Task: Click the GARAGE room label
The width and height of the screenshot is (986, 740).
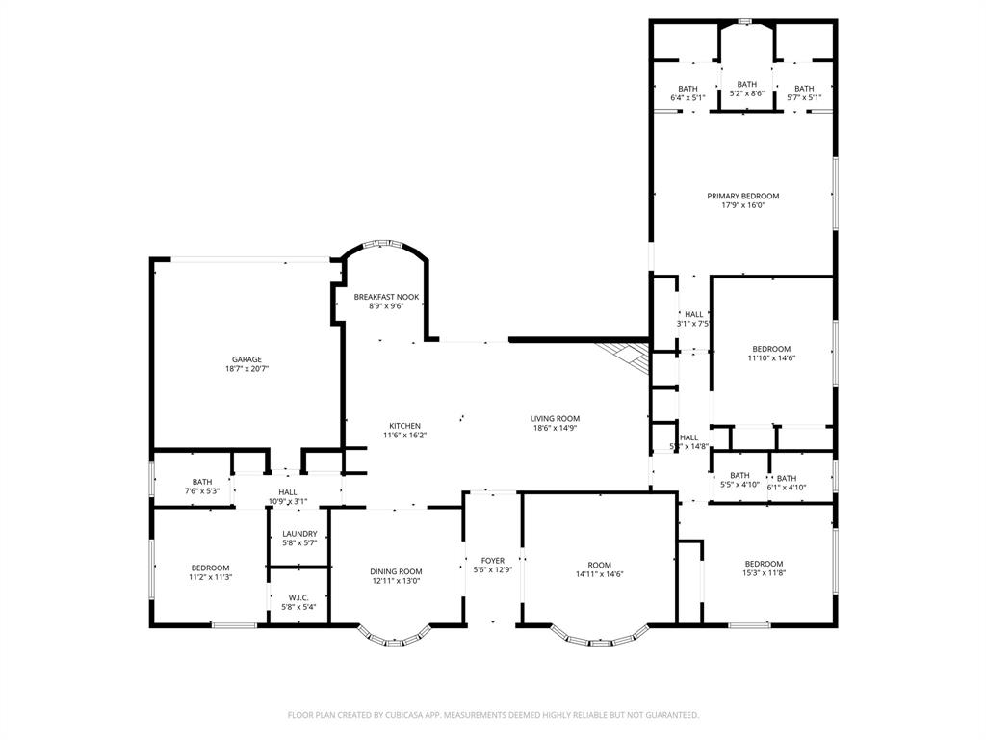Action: (x=246, y=359)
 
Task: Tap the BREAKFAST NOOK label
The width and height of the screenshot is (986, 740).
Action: (x=386, y=297)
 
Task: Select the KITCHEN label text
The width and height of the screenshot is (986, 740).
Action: (x=404, y=426)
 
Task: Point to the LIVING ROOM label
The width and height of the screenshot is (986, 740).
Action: (x=555, y=418)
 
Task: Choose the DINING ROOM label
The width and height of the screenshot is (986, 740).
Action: (x=397, y=571)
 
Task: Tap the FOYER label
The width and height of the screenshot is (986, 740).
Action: (x=493, y=560)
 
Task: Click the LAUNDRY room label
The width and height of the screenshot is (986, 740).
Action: (x=299, y=534)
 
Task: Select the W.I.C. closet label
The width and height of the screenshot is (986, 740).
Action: (x=299, y=597)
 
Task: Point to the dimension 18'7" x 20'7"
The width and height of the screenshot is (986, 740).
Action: (x=246, y=369)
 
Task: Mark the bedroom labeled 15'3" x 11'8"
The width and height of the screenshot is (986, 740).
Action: (x=764, y=568)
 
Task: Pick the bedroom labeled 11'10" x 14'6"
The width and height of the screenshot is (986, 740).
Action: (x=771, y=353)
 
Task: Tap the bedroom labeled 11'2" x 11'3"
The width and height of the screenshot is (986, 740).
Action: (x=210, y=572)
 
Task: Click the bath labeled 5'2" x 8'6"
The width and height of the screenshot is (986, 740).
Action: (x=747, y=89)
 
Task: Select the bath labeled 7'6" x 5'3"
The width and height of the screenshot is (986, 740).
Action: (x=202, y=487)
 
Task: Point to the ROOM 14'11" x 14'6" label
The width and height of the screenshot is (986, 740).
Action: (x=600, y=569)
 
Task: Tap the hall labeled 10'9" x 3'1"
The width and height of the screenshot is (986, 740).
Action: (x=287, y=496)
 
